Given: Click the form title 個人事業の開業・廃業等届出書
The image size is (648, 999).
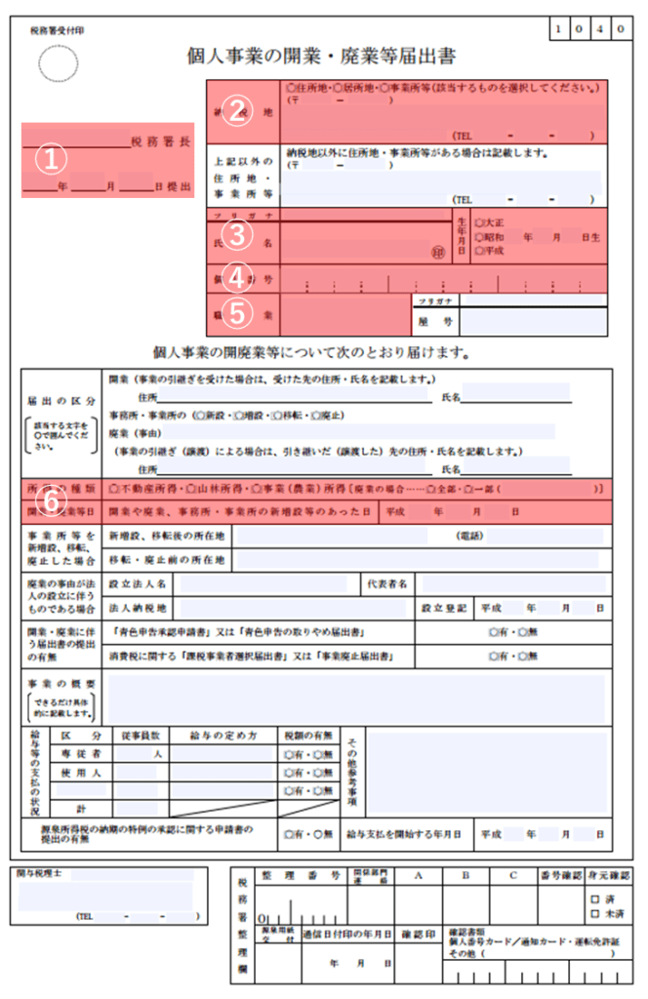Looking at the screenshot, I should coord(321,56).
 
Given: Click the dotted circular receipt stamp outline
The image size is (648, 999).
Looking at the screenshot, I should coord(58,64).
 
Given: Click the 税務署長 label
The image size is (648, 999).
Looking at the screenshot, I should coord(161,142).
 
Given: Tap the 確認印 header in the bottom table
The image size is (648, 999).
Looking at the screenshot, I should coord(418,935).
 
